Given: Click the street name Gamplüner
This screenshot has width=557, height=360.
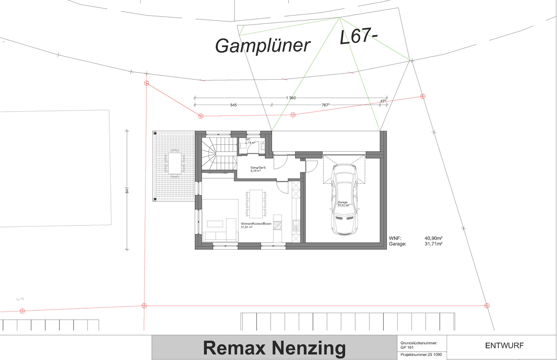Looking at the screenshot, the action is tap(263, 46).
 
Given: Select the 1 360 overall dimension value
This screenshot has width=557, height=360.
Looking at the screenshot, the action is tap(291, 98).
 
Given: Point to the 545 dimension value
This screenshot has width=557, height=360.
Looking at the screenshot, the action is tap(233, 105).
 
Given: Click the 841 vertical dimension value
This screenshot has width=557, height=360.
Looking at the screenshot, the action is tap(127, 190).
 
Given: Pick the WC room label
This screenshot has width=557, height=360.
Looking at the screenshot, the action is tap(248, 139).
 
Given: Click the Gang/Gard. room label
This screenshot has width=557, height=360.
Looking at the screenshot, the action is tap(258, 168).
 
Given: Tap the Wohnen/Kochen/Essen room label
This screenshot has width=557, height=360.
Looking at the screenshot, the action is tap(256, 224).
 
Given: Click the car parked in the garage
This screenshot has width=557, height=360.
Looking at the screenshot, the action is tap(344, 199).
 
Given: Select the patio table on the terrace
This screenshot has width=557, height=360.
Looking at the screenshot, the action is tap(175, 163).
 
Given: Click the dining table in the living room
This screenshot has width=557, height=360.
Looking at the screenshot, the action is tap(256, 204).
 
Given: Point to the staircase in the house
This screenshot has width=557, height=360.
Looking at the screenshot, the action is tap(219, 153).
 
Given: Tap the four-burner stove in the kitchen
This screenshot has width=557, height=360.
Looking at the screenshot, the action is tap(277, 225).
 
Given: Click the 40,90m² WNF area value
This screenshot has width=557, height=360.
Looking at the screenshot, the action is tap(433, 238).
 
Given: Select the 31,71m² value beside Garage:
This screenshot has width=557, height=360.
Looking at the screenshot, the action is tap(433, 244).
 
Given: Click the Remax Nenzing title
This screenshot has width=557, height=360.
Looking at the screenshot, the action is tap(274, 348).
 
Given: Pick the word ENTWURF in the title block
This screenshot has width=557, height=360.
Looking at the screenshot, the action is tap(504, 346).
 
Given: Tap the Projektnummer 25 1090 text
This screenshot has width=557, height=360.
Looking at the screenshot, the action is tap(421, 355).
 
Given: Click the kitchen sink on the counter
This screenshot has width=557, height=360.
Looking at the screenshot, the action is tap(296, 226).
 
